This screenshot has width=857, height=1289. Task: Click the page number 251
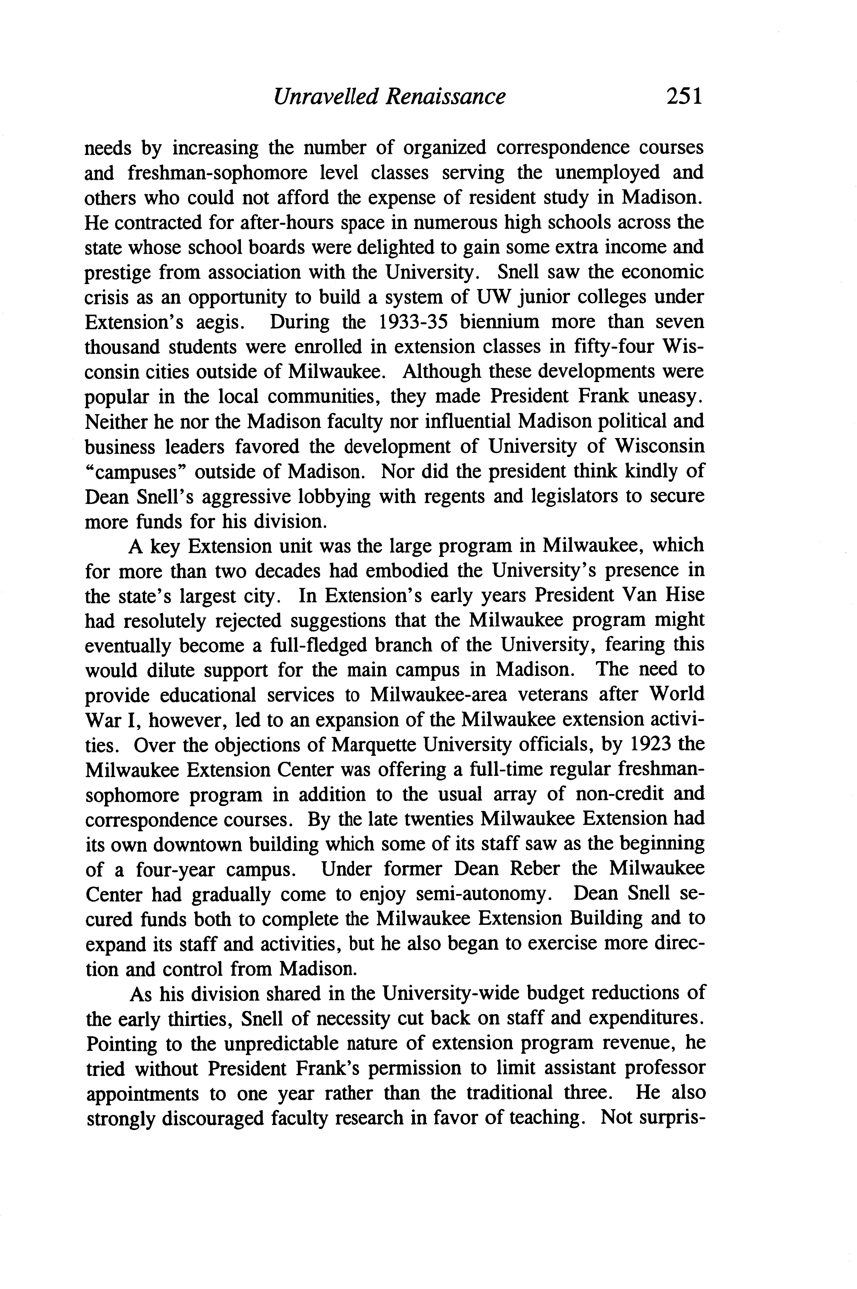tap(683, 97)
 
